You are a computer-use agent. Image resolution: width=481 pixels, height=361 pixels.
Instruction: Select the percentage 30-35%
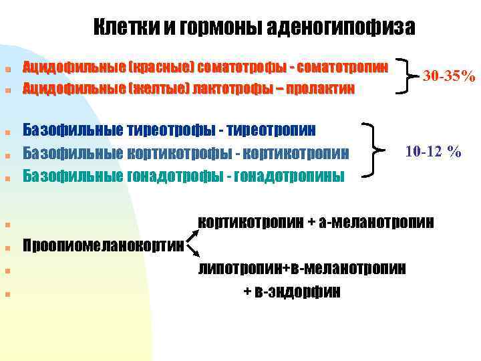447,76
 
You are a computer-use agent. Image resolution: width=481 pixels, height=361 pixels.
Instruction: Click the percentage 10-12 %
434,152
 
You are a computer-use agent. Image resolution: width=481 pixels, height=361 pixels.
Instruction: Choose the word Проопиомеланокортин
104,246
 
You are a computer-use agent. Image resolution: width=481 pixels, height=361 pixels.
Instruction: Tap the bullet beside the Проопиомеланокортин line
6,247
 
